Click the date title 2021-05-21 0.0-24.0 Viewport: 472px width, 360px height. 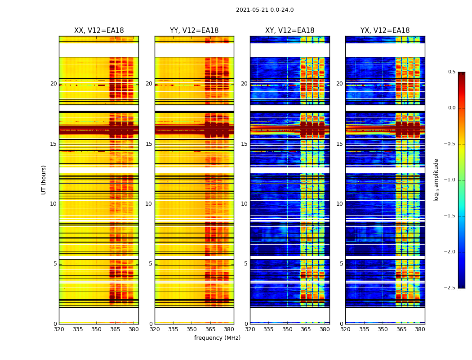[265, 10]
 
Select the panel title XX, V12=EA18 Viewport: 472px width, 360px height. [99, 31]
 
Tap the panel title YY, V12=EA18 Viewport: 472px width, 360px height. [194, 31]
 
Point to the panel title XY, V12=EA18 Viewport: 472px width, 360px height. [289, 31]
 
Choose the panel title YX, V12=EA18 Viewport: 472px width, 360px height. [385, 31]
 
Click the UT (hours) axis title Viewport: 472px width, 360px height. [44, 180]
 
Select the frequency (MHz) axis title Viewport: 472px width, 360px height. [217, 338]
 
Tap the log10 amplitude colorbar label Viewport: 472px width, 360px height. [436, 180]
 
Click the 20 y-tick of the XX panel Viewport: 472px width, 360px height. [53, 84]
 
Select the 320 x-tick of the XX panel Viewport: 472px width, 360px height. [59, 329]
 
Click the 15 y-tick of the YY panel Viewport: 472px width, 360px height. [149, 144]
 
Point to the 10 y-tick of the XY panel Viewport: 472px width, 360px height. [244, 204]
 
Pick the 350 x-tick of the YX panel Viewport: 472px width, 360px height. [383, 329]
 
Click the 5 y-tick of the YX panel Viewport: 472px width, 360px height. [341, 264]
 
